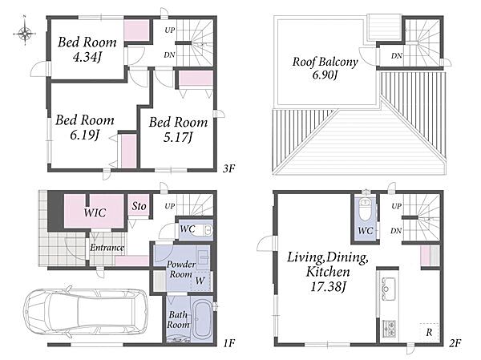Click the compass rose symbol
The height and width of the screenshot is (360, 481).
(x=25, y=33)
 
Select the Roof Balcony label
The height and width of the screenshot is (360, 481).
(x=325, y=68)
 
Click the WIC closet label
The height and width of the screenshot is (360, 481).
(x=95, y=212)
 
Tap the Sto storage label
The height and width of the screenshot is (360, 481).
(x=139, y=206)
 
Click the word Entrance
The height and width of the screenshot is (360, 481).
(x=107, y=248)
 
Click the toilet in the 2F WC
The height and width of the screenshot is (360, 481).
(x=365, y=209)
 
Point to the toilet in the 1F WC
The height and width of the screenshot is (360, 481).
(x=204, y=230)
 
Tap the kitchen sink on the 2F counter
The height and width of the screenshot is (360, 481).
(x=388, y=288)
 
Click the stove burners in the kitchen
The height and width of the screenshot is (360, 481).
(x=388, y=327)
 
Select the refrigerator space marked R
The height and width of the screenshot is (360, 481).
(x=429, y=332)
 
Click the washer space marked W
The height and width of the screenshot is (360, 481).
(x=200, y=281)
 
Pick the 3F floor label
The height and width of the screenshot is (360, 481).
(x=228, y=168)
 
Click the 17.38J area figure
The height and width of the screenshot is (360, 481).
(x=328, y=287)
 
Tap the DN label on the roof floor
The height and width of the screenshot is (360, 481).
(x=396, y=56)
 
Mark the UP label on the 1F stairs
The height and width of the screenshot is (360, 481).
(x=170, y=206)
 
